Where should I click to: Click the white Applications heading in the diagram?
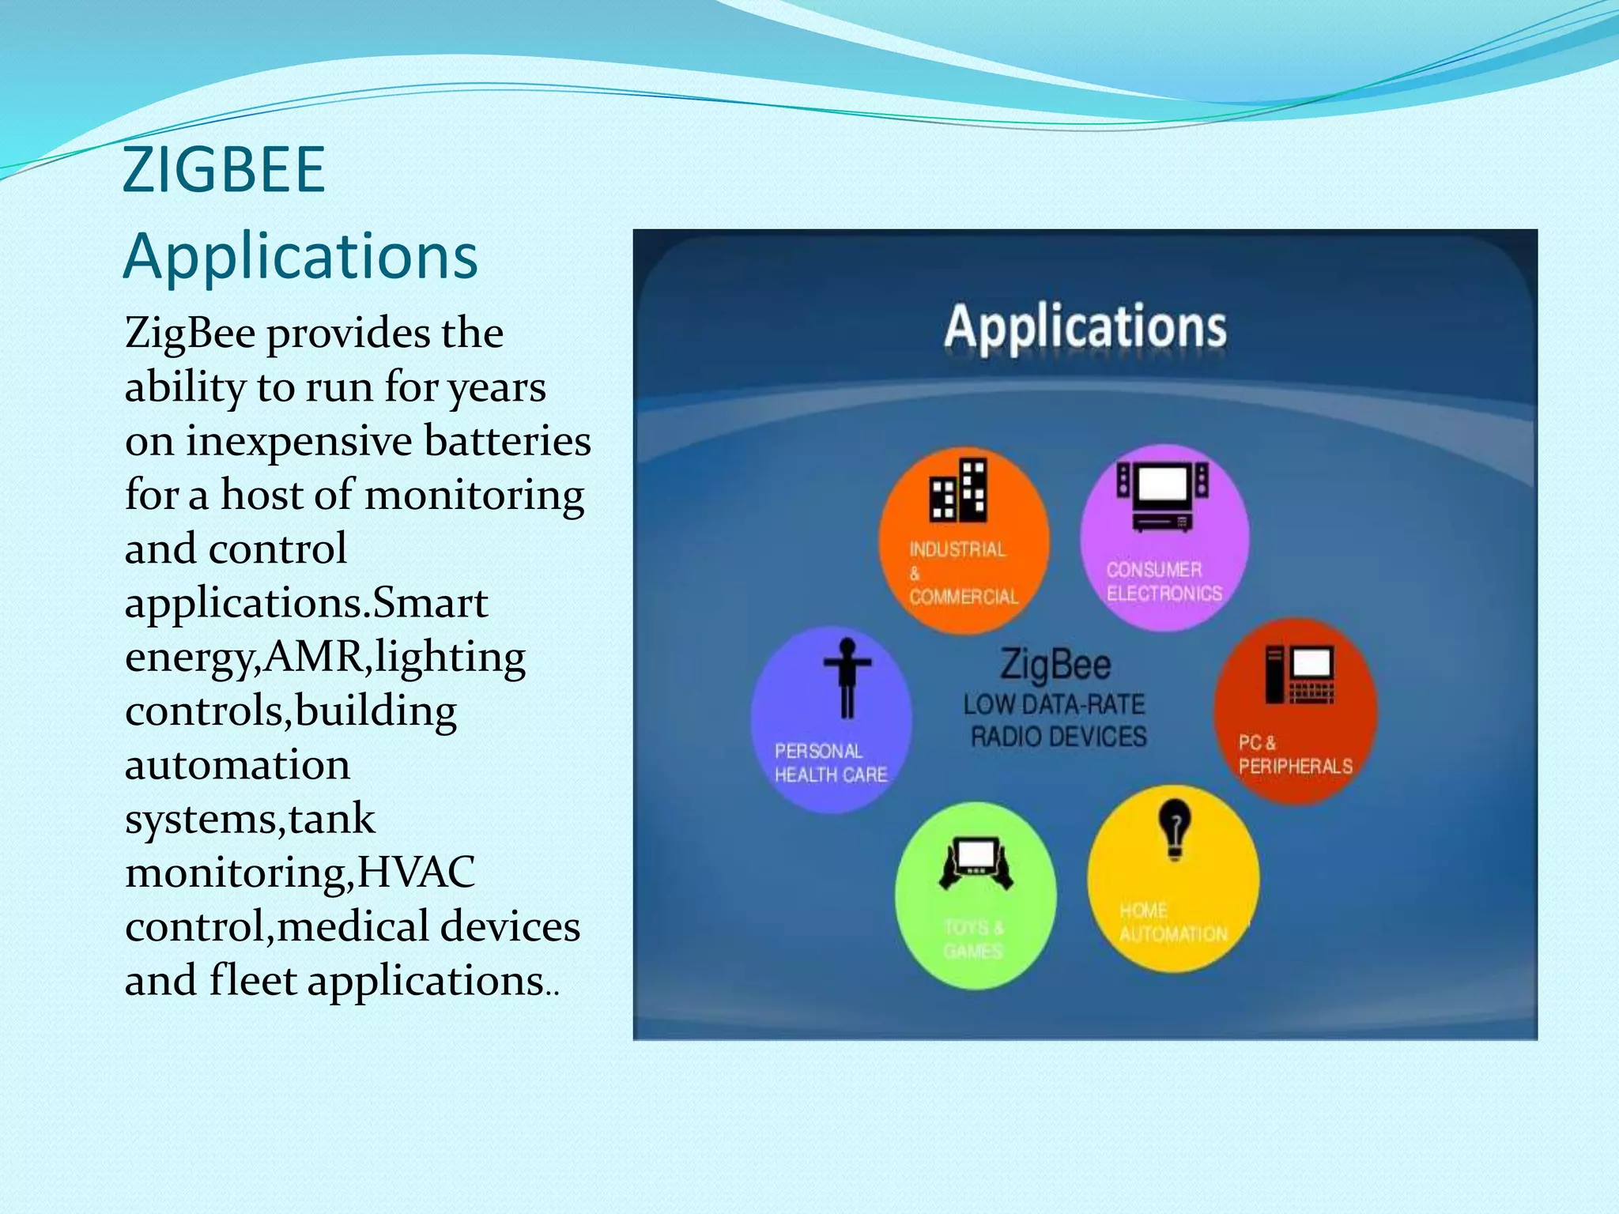[x=1085, y=326]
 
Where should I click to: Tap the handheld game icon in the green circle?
[x=976, y=863]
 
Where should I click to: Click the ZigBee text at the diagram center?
[x=1055, y=664]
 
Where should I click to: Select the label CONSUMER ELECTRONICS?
[x=1163, y=582]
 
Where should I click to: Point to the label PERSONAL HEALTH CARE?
[x=830, y=763]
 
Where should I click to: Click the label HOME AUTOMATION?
[x=1172, y=922]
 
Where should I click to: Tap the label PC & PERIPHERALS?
[x=1294, y=755]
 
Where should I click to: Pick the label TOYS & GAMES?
[x=973, y=938]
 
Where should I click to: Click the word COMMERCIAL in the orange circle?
[x=964, y=597]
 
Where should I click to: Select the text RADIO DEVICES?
[x=1059, y=737]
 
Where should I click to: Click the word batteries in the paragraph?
[x=507, y=440]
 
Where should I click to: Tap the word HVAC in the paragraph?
[x=416, y=872]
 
